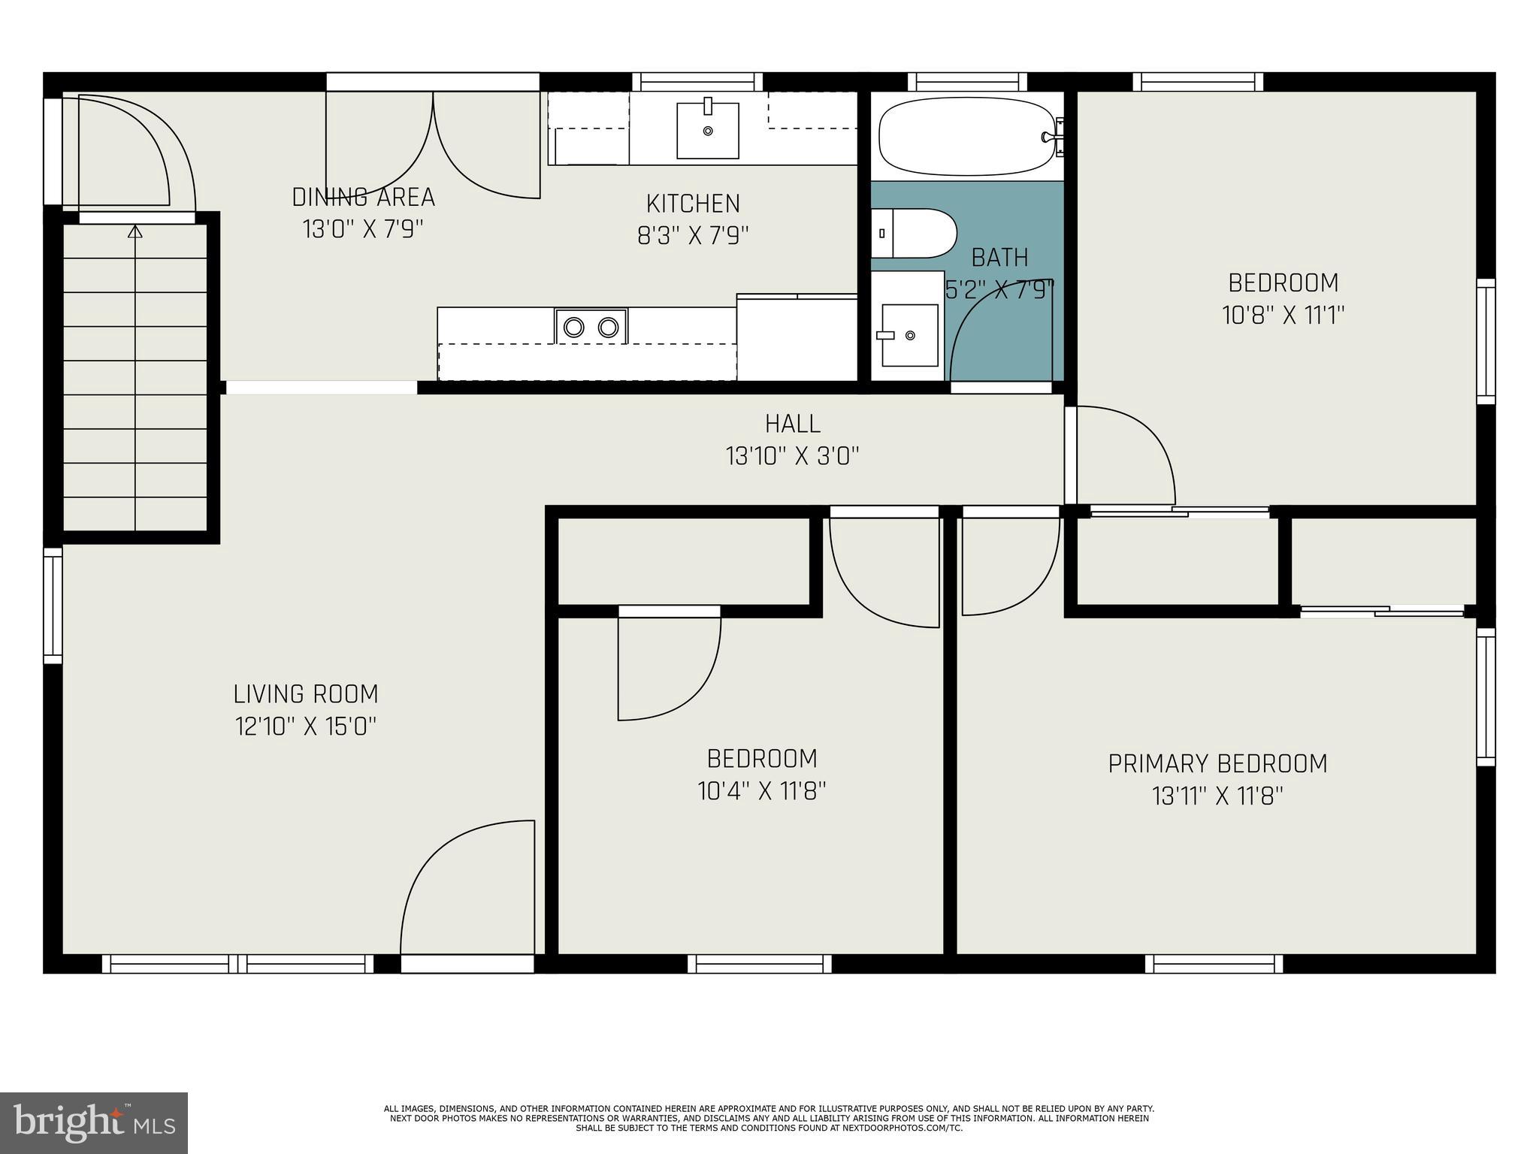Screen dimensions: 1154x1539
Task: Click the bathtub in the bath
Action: click(966, 137)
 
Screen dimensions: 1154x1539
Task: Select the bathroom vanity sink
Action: click(909, 335)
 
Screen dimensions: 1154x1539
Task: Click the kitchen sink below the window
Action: click(707, 131)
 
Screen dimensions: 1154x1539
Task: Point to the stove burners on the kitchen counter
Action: click(591, 327)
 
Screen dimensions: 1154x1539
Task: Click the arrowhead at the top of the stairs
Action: click(135, 232)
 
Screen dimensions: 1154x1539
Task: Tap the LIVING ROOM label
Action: click(305, 693)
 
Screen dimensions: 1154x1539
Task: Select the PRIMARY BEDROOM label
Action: click(1217, 763)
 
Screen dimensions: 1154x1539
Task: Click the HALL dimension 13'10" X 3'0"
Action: click(792, 455)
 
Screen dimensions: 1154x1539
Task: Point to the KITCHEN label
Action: click(693, 204)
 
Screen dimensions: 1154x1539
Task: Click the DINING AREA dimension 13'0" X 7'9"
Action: click(363, 228)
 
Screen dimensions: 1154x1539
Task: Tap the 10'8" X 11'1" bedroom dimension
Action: click(1283, 315)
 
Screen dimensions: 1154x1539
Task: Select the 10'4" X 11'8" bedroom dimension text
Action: click(762, 791)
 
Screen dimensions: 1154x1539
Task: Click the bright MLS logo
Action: click(94, 1122)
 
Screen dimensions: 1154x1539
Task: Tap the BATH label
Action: click(999, 258)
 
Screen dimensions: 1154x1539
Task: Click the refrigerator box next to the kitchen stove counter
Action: click(797, 338)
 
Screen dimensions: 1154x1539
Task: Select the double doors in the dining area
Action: click(433, 143)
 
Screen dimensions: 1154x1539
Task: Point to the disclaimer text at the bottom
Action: click(769, 1118)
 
